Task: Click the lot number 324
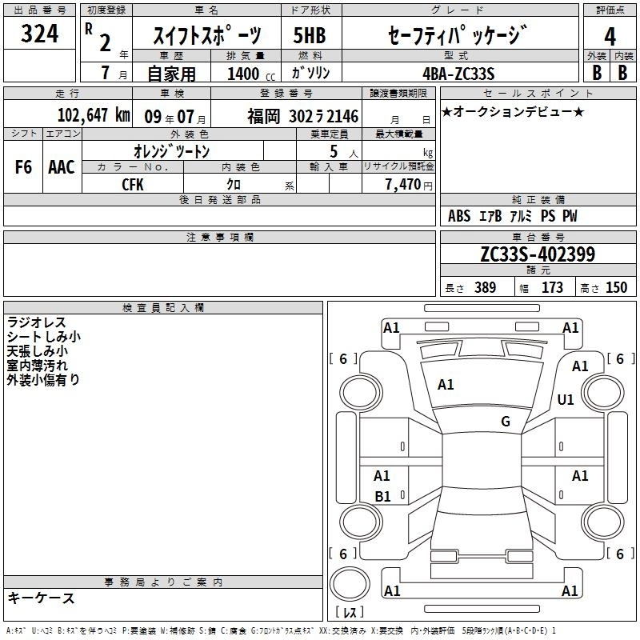pos(39,34)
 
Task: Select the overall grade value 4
pos(610,37)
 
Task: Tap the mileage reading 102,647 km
pos(94,115)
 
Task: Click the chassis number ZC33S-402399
pos(538,254)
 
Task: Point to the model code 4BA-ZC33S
pos(458,74)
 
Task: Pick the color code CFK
pos(133,185)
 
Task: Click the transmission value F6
pos(23,167)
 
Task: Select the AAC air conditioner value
pos(62,167)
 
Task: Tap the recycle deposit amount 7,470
pos(403,185)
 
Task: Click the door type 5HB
pos(310,35)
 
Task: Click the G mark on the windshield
pos(506,422)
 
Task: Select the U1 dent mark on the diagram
pos(566,399)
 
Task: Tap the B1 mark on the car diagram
pos(383,496)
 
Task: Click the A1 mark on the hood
pos(446,385)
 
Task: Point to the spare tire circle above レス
pos(350,584)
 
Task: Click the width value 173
pos(552,287)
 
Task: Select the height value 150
pos(616,287)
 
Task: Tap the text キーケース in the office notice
pos(42,598)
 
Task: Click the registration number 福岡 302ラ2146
pos(303,117)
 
